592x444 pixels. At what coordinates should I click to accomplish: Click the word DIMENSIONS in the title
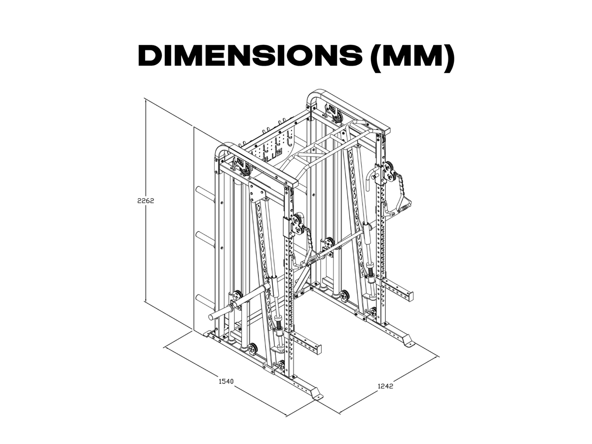(x=250, y=56)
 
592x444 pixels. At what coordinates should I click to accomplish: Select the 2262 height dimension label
(x=146, y=201)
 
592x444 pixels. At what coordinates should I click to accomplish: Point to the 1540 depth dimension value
(x=226, y=381)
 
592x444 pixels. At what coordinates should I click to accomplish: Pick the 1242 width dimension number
(x=385, y=386)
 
